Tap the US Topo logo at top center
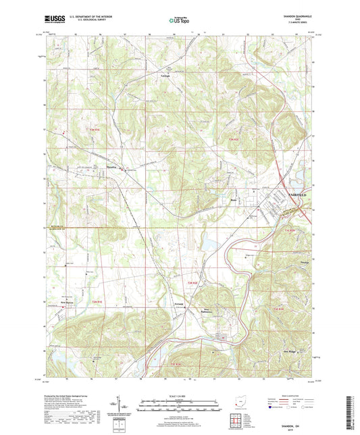point(179,22)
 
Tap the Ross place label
point(234,199)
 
